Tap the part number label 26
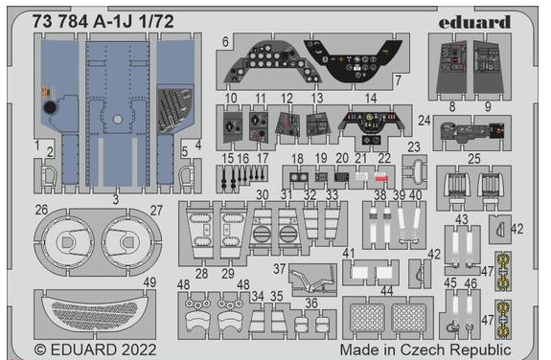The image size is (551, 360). (x=41, y=211)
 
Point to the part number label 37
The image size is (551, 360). (x=280, y=269)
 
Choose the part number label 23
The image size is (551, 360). (x=414, y=146)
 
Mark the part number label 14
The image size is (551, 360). (x=371, y=98)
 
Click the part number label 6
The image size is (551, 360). (x=224, y=42)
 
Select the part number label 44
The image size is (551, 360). (x=386, y=290)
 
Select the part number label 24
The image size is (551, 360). (x=423, y=122)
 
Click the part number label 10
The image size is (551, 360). (x=230, y=98)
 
